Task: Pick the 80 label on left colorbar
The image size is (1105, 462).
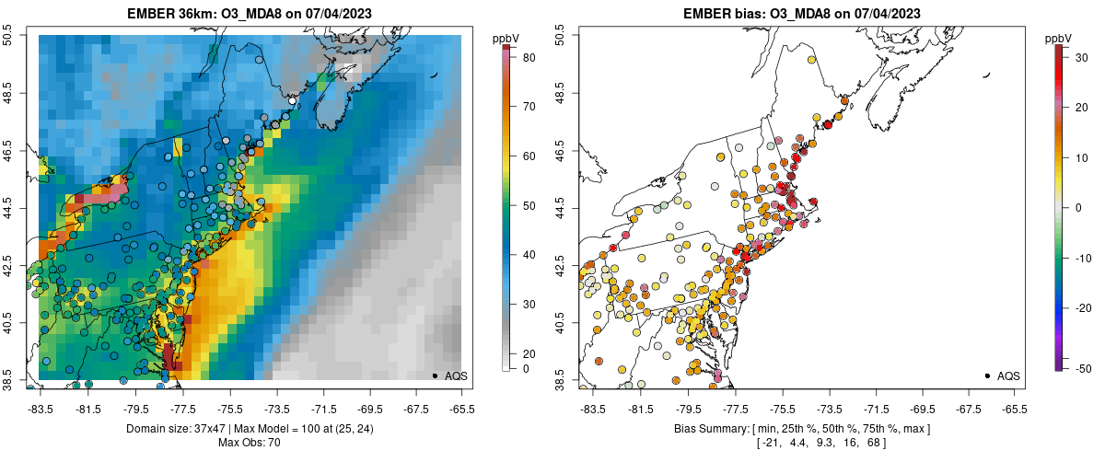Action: pos(529,58)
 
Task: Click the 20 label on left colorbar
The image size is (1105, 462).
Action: pos(529,353)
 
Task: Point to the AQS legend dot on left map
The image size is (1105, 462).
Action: pos(435,375)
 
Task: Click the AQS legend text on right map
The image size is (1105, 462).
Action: pos(1008,375)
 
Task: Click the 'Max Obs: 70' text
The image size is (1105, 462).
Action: pos(250,443)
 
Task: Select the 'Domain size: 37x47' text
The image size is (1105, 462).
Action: pos(162,429)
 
